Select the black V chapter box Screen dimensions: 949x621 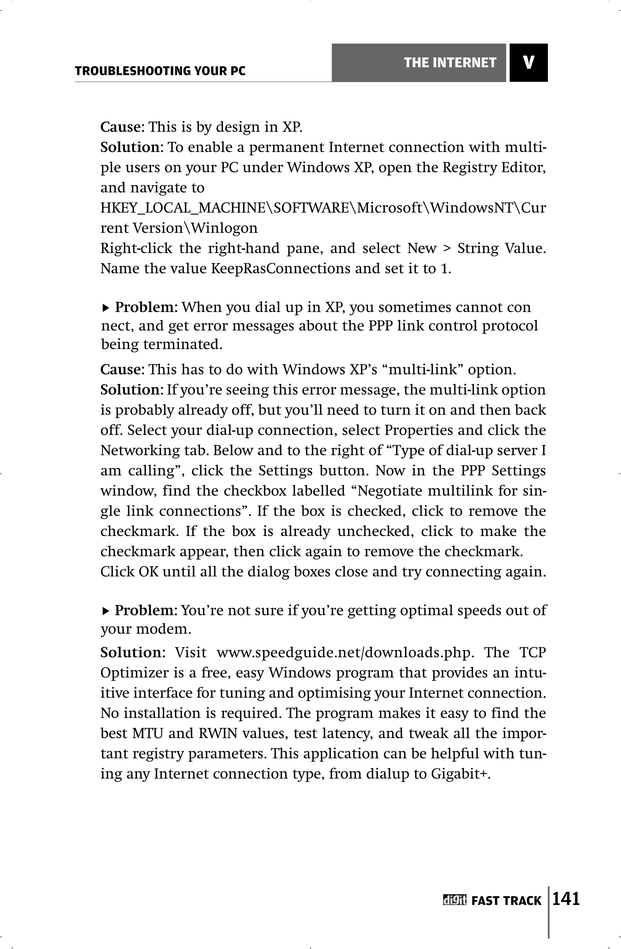click(529, 63)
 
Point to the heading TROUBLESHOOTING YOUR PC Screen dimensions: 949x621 click(160, 71)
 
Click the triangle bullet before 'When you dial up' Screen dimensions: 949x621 click(105, 308)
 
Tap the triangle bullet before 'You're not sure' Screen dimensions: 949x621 click(105, 611)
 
